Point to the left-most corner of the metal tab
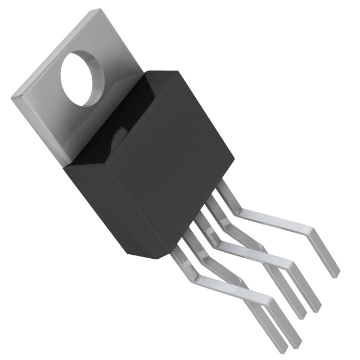point(12,97)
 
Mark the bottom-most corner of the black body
point(153,258)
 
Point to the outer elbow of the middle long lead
point(290,262)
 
